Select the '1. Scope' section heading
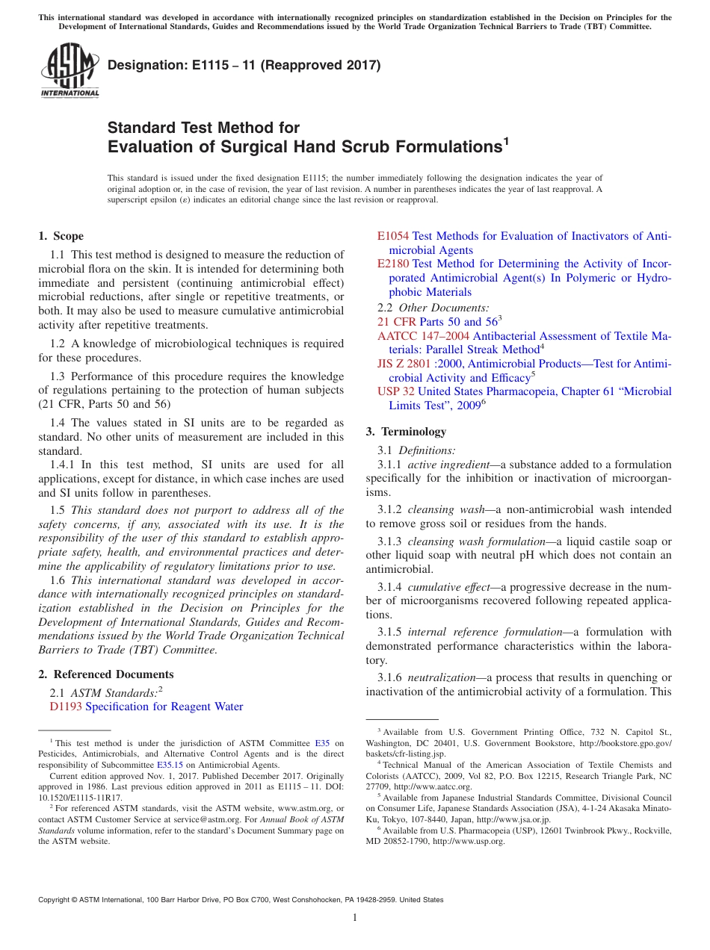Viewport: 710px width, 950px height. [x=61, y=236]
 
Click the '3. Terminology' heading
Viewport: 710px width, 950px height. [x=406, y=431]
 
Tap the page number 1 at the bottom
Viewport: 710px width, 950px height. [x=355, y=918]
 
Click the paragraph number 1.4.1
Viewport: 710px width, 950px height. [x=64, y=465]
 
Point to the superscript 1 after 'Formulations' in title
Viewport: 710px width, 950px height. [x=506, y=141]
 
